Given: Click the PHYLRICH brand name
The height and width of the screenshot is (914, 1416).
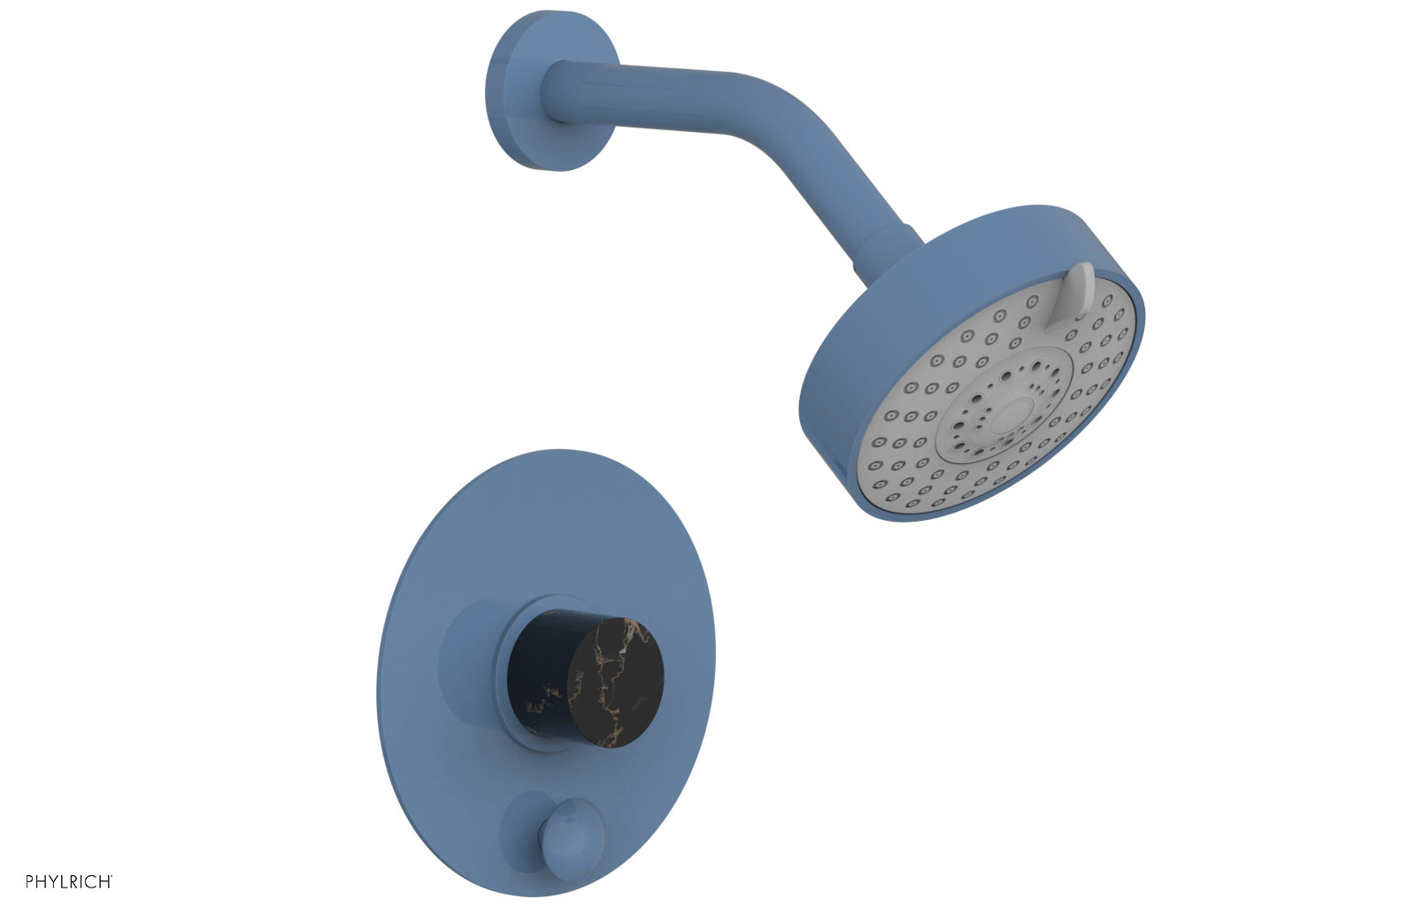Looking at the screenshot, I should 68,881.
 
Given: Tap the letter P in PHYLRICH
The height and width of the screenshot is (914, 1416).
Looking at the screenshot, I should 30,881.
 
